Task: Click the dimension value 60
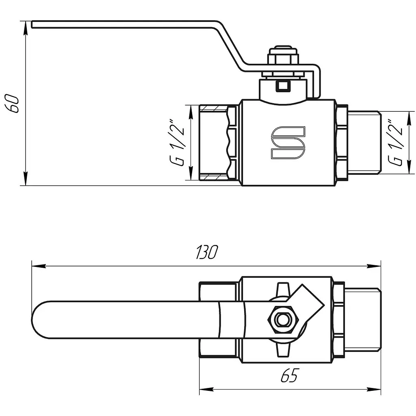12,103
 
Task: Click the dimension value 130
207,252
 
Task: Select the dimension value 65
290,375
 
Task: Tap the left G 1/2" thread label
177,143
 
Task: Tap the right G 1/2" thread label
395,143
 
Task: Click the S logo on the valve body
288,143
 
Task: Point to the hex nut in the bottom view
283,320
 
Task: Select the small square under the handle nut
283,86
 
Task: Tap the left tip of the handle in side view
32,24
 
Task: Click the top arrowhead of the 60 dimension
26,28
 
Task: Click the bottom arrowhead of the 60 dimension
26,179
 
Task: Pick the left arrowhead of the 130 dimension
39,266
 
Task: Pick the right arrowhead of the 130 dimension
374,266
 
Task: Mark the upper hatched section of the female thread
213,108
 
